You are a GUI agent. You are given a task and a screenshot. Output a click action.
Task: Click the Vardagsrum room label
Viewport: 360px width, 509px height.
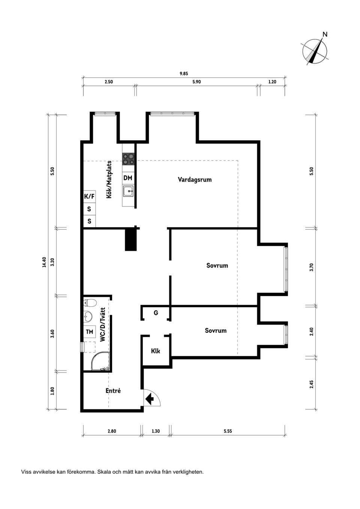[195, 180]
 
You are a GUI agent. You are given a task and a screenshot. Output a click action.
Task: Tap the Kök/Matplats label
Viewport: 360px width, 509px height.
[109, 180]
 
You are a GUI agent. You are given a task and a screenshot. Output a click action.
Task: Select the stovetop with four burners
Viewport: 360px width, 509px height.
[128, 159]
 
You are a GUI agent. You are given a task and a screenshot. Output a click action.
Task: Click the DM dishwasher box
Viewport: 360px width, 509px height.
[128, 178]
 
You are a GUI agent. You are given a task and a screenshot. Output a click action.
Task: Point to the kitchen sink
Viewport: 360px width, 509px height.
[128, 191]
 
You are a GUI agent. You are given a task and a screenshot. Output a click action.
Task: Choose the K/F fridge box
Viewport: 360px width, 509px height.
[89, 196]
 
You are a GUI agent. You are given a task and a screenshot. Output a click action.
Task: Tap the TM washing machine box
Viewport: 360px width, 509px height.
[90, 332]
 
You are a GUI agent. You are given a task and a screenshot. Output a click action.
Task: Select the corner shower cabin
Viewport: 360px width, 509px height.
[100, 361]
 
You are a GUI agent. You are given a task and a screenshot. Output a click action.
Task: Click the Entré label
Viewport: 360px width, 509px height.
[113, 391]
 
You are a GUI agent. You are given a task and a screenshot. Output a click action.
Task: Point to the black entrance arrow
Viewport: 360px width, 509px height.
[150, 398]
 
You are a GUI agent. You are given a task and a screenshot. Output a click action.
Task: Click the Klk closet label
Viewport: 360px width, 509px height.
[156, 351]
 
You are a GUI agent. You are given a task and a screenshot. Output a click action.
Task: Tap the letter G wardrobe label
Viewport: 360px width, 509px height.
[156, 313]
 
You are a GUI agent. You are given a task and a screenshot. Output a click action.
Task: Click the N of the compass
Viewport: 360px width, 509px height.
[325, 34]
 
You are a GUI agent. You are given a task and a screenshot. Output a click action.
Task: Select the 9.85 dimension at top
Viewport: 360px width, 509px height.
[184, 73]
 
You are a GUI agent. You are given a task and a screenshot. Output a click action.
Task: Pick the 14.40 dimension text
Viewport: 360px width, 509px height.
[44, 262]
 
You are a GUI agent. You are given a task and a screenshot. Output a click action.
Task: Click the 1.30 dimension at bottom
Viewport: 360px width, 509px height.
[156, 431]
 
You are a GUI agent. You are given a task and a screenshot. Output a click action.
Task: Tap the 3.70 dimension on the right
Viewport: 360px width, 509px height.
[311, 267]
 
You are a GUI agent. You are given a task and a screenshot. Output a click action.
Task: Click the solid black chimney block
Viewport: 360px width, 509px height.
[130, 239]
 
